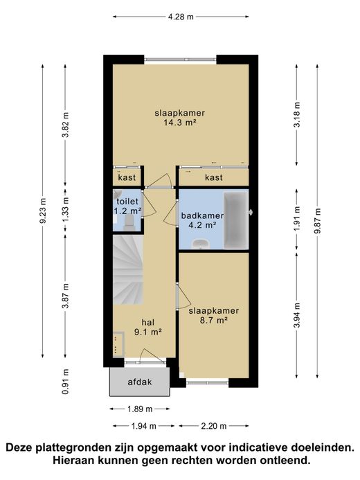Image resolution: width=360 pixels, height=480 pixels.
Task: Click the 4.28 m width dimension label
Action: click(181, 17)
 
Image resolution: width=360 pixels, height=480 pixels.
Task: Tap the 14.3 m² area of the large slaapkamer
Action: click(180, 123)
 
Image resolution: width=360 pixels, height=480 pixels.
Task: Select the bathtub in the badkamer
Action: click(235, 220)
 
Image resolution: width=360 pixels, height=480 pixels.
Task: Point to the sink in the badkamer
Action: click(200, 244)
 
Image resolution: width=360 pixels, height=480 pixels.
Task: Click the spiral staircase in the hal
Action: click(128, 269)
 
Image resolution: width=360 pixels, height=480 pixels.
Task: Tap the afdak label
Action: click(140, 382)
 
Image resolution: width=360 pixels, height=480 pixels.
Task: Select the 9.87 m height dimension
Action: click(317, 221)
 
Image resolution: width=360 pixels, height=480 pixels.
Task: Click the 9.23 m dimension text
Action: click(43, 211)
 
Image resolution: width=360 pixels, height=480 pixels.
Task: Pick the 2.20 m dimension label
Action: click(214, 426)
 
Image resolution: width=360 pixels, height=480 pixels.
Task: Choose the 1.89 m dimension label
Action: click(140, 409)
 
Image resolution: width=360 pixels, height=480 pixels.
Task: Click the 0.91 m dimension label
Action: click(65, 382)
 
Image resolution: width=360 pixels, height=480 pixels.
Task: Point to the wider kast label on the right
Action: click(214, 177)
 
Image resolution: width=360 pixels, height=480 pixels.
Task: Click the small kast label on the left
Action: click(127, 177)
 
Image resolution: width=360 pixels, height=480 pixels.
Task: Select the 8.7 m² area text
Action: click(213, 321)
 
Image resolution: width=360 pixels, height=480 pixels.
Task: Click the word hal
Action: click(148, 322)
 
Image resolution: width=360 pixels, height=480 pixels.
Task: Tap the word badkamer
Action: click(202, 215)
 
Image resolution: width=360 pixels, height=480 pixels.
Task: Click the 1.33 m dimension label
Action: click(65, 211)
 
